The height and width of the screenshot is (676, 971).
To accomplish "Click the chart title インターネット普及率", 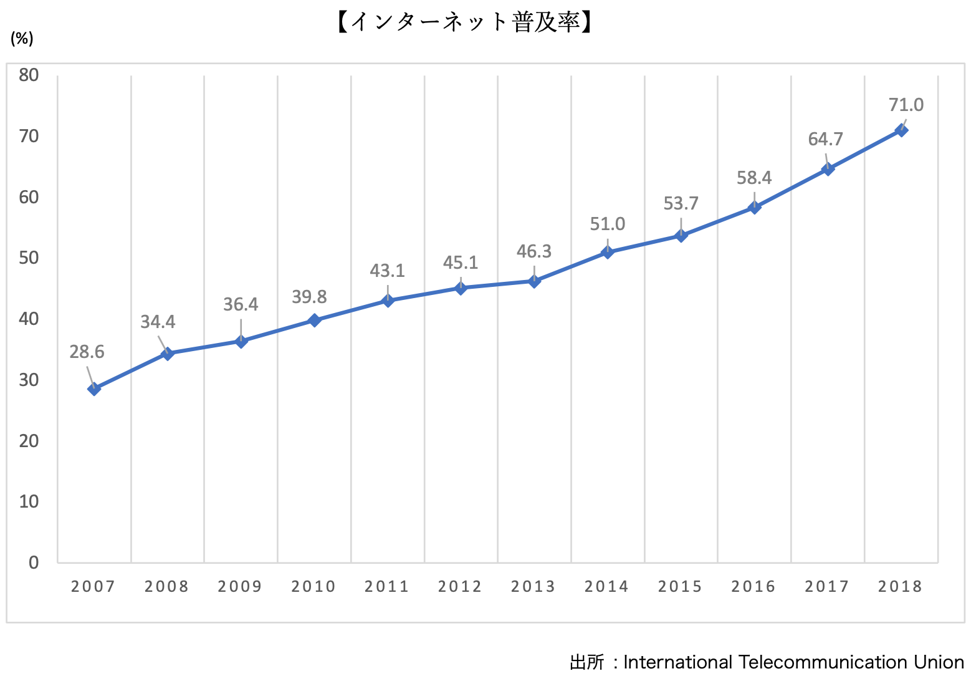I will pyautogui.click(x=464, y=22).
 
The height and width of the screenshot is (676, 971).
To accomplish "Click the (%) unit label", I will pyautogui.click(x=22, y=39).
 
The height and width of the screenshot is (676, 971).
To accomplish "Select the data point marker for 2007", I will pyautogui.click(x=94, y=389).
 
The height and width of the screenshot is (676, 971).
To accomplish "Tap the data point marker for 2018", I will pyautogui.click(x=901, y=130).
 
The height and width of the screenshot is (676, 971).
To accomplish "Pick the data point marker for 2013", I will pyautogui.click(x=534, y=281).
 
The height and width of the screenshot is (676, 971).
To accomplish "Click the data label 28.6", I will pyautogui.click(x=87, y=352).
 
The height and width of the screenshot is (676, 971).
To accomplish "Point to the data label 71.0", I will pyautogui.click(x=906, y=105).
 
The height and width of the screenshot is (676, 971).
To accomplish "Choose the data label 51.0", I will pyautogui.click(x=607, y=224).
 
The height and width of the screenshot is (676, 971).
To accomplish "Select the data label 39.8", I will pyautogui.click(x=310, y=297).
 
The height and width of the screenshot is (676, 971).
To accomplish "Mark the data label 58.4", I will pyautogui.click(x=754, y=178).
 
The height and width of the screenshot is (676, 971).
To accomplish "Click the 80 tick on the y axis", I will pyautogui.click(x=29, y=75).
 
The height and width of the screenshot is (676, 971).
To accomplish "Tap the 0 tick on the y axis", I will pyautogui.click(x=34, y=563).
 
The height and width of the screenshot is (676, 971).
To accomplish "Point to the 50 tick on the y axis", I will pyautogui.click(x=29, y=258).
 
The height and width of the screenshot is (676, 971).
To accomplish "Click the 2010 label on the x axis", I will pyautogui.click(x=313, y=587).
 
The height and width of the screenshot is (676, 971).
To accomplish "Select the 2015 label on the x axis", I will pyautogui.click(x=680, y=587).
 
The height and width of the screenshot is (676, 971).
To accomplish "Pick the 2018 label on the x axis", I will pyautogui.click(x=900, y=587).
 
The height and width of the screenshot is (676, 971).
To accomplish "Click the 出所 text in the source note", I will pyautogui.click(x=586, y=662).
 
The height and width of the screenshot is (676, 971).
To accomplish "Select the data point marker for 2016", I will pyautogui.click(x=754, y=208).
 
